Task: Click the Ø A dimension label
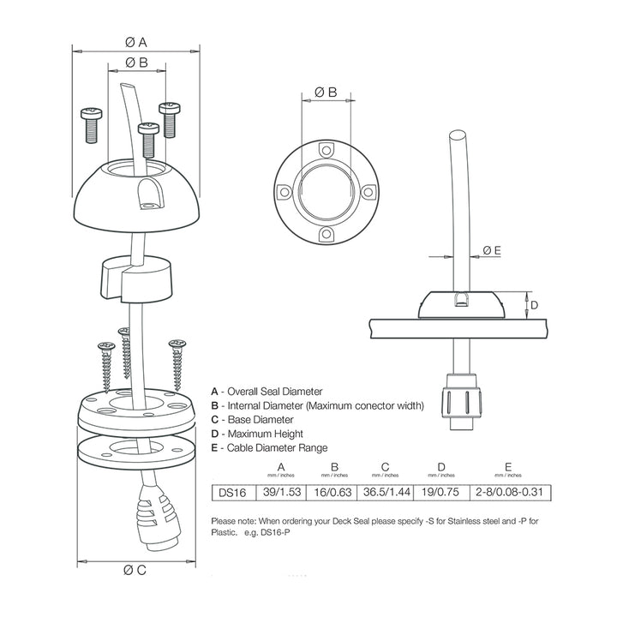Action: (x=136, y=41)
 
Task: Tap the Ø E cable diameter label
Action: (x=492, y=249)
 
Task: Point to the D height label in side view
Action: (x=531, y=305)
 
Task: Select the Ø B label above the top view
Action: (x=326, y=91)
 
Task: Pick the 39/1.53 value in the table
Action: (x=284, y=493)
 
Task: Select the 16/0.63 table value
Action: (x=334, y=493)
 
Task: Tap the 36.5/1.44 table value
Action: (x=386, y=493)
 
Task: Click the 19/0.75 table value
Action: (x=441, y=493)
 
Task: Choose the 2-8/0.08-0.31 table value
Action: (x=508, y=493)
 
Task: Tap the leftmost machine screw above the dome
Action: (x=91, y=124)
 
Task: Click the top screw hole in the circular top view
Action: (x=326, y=151)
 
